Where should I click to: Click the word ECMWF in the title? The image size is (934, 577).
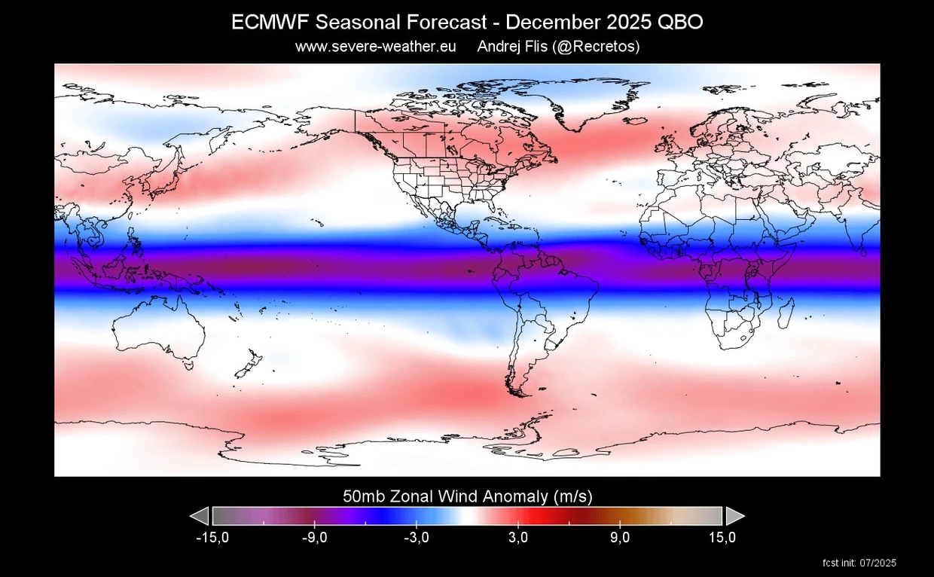tap(266, 23)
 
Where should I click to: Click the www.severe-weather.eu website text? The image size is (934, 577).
tap(376, 47)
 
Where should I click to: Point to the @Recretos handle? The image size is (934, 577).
tap(597, 47)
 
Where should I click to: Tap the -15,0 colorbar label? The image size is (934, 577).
tap(212, 538)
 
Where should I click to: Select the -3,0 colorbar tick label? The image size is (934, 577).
tap(416, 538)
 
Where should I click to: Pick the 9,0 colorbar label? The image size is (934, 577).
tap(621, 538)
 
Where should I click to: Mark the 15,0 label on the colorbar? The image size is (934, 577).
tap(722, 538)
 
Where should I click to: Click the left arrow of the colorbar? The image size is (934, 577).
tap(200, 516)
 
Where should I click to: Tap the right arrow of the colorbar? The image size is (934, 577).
tap(734, 516)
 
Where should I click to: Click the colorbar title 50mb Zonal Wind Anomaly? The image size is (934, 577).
tap(468, 496)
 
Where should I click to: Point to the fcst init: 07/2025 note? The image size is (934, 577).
tap(860, 563)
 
